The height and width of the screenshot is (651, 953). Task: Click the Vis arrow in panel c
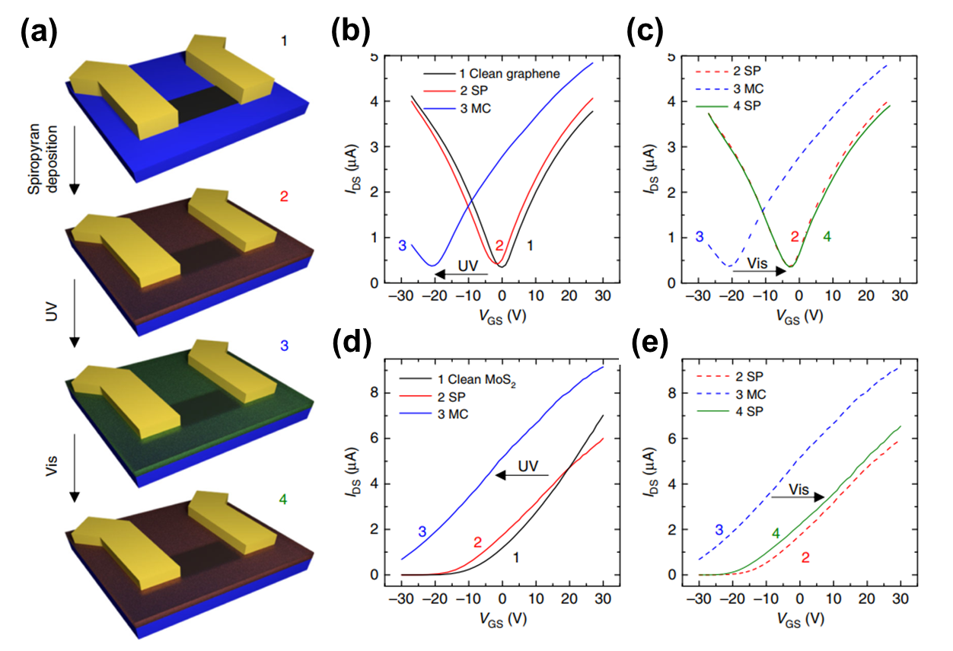[x=758, y=269]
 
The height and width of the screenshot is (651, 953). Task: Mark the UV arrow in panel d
[x=522, y=474]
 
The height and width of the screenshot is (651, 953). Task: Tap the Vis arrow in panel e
[x=798, y=496]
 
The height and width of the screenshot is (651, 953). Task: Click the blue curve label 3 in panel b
[x=402, y=245]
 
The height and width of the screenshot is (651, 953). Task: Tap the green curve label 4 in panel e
[x=776, y=534]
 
